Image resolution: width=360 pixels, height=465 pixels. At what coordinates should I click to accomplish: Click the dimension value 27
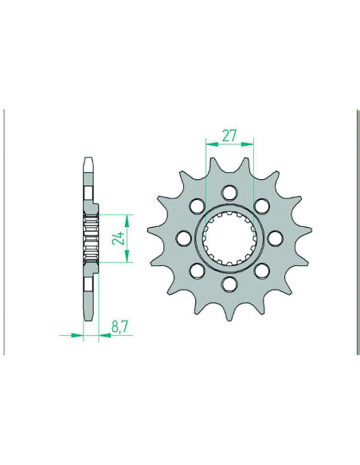230,136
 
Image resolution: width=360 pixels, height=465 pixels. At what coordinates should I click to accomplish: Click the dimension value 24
119,238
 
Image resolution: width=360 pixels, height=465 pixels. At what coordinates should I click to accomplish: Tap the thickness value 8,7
119,327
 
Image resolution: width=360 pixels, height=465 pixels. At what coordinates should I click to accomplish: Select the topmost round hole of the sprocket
229,192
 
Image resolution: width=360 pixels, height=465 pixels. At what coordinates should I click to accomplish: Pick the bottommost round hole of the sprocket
229,283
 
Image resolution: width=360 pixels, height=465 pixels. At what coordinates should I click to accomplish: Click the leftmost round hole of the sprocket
183,238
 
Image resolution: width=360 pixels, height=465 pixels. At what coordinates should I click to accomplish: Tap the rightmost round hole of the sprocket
276,238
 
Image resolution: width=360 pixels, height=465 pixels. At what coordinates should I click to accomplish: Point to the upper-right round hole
262,205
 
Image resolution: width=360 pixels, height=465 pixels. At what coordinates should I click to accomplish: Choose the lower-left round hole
197,271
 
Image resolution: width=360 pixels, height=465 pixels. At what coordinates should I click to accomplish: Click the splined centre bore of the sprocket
229,238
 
